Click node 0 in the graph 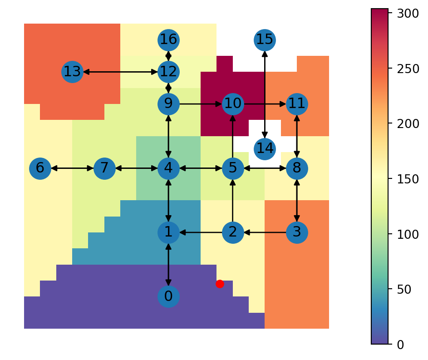coord(168,296)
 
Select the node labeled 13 coord(72,72)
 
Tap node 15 coord(265,40)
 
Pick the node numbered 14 coord(265,149)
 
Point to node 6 coord(40,168)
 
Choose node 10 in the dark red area coord(233,104)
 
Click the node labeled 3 coord(297,232)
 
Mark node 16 coord(168,40)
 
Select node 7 coord(104,168)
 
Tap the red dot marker coord(220,284)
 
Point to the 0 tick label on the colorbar coord(400,345)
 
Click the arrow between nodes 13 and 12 coord(120,72)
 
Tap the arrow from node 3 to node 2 coord(265,232)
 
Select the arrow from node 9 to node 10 coord(201,104)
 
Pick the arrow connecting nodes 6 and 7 coord(72,168)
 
